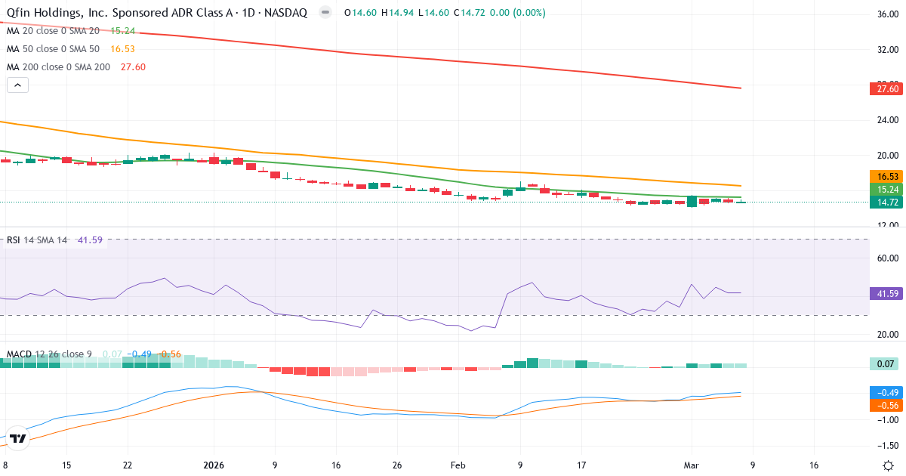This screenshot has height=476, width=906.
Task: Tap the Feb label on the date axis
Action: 459,465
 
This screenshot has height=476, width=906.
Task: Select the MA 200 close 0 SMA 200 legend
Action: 59,66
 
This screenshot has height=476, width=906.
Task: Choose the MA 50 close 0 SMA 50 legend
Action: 54,48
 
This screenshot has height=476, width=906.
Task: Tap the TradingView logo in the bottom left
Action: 19,438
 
